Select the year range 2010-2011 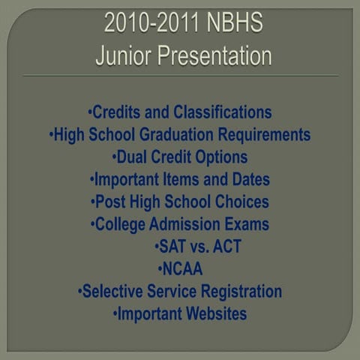click(x=152, y=24)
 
